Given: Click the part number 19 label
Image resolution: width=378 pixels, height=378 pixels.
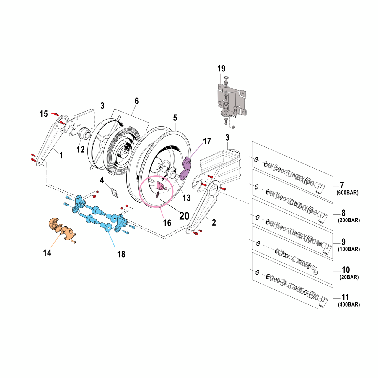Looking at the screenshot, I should tap(221, 69).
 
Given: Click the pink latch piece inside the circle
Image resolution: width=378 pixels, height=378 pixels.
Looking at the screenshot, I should tap(161, 186).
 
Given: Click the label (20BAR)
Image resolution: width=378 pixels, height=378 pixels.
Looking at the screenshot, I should tap(349, 277).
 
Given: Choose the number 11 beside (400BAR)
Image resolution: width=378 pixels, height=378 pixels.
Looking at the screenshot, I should tap(345, 297).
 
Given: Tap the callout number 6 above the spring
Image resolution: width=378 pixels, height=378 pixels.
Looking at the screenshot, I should tap(136, 101).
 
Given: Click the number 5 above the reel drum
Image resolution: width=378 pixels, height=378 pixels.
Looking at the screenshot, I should tap(175, 118).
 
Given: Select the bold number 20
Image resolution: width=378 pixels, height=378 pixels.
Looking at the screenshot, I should tap(184, 216).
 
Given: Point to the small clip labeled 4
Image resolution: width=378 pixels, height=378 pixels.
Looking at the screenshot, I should tap(115, 193).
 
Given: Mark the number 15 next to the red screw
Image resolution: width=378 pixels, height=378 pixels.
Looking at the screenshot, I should tap(44, 114).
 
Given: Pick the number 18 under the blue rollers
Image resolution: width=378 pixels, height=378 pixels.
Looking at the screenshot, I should tap(121, 254).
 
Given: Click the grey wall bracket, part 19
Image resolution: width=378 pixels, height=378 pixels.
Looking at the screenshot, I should tap(232, 100).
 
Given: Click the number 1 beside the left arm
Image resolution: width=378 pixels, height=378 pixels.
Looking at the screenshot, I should tap(61, 155).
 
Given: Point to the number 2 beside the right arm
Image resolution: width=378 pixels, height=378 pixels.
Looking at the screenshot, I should tap(214, 222).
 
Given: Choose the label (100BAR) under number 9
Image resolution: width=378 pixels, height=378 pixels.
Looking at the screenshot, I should tap(349, 249).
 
